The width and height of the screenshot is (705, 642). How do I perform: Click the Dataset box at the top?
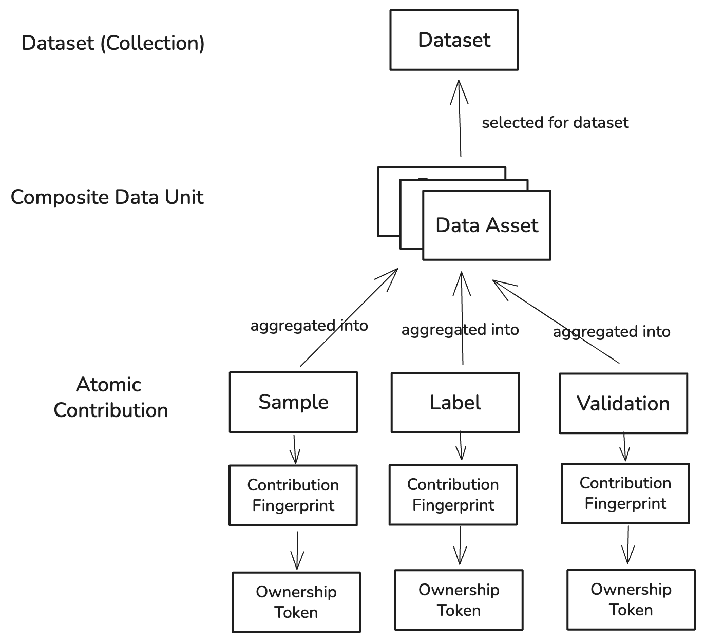click(x=454, y=40)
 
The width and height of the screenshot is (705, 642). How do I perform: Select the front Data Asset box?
click(x=486, y=225)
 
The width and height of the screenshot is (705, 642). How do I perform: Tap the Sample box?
click(x=293, y=402)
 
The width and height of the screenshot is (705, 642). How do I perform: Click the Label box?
click(x=455, y=403)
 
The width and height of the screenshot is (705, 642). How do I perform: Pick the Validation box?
click(x=623, y=404)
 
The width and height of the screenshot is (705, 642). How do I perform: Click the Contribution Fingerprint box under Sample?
click(x=293, y=495)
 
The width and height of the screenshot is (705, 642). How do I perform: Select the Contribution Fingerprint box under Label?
click(x=453, y=495)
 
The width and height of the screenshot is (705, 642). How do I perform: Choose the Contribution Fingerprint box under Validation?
click(x=625, y=494)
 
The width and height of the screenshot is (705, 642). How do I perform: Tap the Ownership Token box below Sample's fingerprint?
click(x=296, y=602)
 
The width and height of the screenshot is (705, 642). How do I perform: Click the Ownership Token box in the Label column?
click(x=459, y=600)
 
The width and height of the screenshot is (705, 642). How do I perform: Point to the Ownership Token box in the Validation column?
click(x=631, y=599)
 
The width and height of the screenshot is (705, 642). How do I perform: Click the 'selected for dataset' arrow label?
click(x=555, y=123)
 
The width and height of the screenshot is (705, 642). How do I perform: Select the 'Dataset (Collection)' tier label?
click(x=113, y=43)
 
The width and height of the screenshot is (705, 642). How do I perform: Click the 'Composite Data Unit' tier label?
click(x=107, y=197)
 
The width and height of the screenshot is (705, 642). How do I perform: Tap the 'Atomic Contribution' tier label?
click(x=110, y=398)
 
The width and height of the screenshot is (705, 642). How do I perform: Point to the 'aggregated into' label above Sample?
click(x=309, y=326)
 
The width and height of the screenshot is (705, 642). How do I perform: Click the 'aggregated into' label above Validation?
click(x=611, y=332)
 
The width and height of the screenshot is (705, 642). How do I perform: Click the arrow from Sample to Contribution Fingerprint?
click(x=295, y=449)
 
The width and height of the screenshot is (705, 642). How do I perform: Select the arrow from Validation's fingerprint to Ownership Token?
click(x=627, y=545)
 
